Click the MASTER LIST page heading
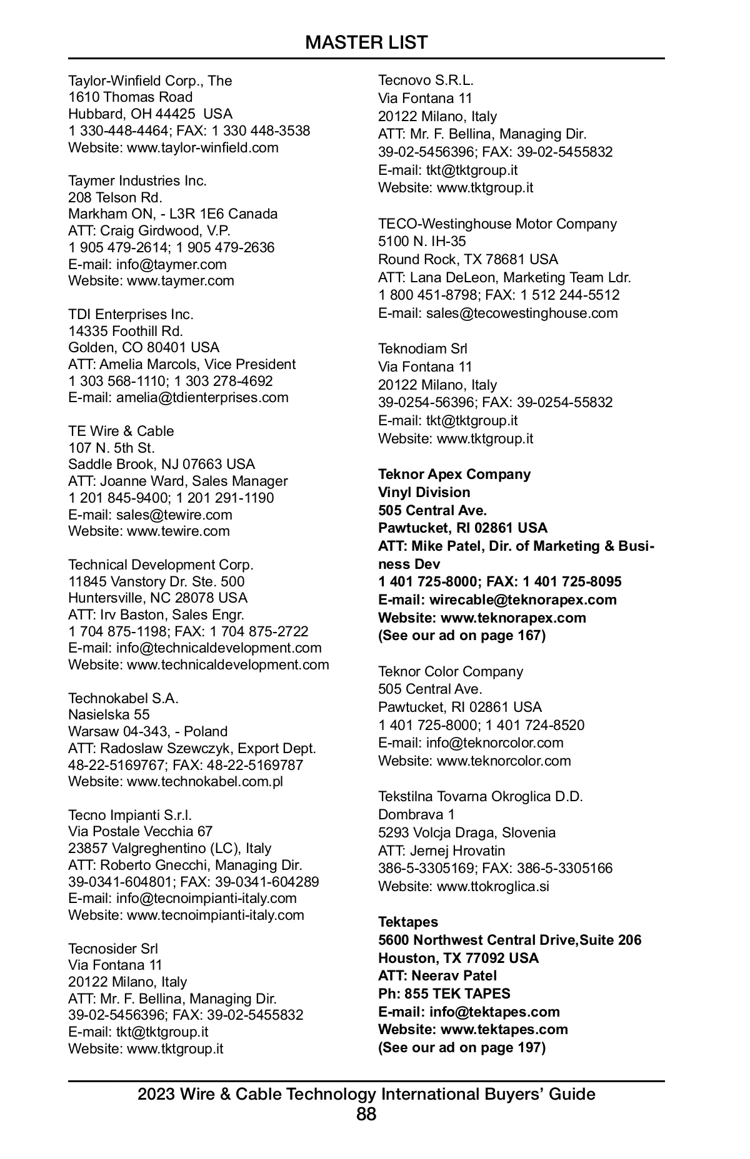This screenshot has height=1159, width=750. point(366,42)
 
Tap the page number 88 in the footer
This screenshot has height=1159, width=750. point(366,1113)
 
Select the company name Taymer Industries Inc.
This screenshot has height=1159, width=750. point(137,181)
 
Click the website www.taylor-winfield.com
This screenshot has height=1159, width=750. point(202,148)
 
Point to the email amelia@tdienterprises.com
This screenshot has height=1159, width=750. point(202,398)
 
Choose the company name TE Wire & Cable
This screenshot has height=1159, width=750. point(121,432)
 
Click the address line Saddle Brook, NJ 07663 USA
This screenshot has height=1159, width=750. point(161,465)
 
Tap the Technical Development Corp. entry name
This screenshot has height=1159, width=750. point(161,565)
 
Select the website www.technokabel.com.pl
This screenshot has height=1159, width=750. point(205,782)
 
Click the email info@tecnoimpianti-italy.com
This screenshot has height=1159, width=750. point(206,899)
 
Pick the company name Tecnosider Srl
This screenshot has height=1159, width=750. point(113,949)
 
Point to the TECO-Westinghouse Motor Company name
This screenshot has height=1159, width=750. point(497,224)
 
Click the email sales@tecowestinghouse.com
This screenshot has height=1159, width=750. point(522,313)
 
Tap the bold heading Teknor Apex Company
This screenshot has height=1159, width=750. point(454,475)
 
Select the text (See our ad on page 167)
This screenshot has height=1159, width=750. point(462,636)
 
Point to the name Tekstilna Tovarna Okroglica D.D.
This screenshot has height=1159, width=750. point(480,797)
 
